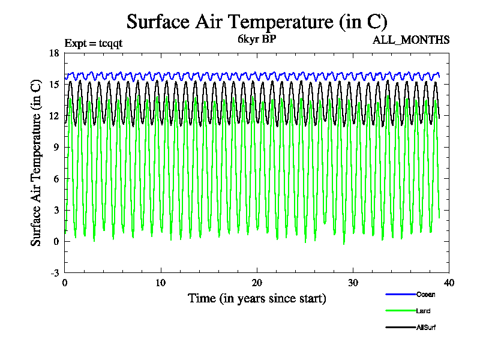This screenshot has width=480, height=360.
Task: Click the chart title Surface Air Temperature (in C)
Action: point(257,22)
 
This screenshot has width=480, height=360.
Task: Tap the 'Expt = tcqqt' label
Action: point(94,43)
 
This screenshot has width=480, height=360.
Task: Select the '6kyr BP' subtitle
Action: point(256,40)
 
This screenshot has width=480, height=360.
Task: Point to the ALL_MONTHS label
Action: point(411,40)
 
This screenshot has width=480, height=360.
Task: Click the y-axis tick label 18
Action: point(54,53)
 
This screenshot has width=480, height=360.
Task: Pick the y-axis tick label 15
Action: point(54,85)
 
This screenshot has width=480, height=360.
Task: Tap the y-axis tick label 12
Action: point(54,116)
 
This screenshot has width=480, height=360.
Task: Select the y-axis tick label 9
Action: point(56,148)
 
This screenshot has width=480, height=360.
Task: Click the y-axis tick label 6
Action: point(56,179)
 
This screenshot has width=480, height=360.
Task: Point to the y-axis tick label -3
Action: point(55,273)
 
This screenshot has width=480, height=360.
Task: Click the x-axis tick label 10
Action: point(161,283)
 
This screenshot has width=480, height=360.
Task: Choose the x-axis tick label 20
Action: point(257,283)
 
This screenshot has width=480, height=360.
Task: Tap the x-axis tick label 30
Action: point(353,283)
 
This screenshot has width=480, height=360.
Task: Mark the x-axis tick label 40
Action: point(449,283)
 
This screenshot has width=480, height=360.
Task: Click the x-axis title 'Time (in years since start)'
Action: point(257,298)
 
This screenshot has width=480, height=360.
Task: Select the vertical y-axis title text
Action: point(36,162)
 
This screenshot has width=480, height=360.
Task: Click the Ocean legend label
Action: point(426,294)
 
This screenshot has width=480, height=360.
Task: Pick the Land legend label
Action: point(423,311)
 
